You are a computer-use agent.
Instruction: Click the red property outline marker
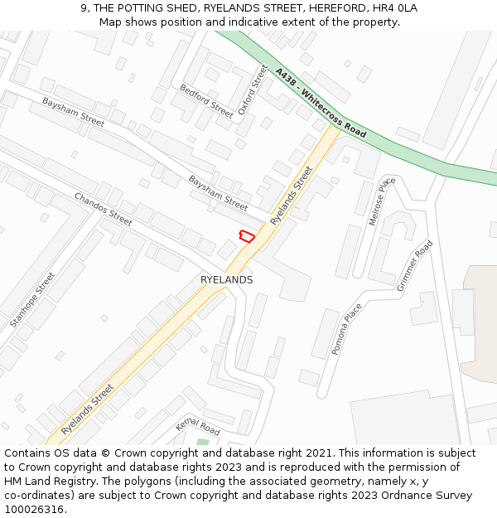click(x=246, y=236)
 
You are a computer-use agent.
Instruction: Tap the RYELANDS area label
click(x=226, y=280)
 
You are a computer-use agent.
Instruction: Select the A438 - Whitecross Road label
click(x=321, y=103)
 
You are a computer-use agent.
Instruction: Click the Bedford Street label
click(x=207, y=100)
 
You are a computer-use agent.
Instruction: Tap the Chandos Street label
click(x=104, y=209)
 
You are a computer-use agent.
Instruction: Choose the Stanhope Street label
click(x=32, y=299)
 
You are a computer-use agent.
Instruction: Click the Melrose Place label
click(x=379, y=201)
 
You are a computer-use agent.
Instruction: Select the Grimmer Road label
click(x=415, y=265)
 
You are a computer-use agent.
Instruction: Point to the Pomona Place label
click(x=347, y=329)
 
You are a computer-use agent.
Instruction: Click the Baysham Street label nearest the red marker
click(x=218, y=192)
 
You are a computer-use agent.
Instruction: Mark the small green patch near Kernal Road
click(x=203, y=442)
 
